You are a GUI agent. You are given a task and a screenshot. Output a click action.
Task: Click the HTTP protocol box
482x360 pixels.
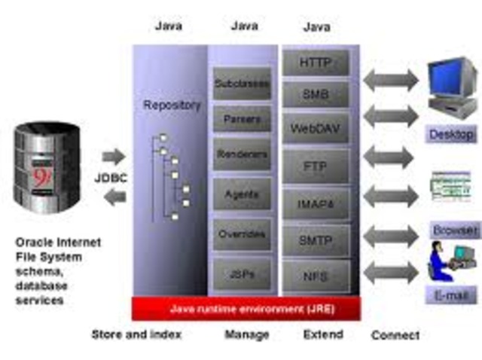pos(316,63)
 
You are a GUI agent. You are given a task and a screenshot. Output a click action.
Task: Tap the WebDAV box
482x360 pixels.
pos(316,128)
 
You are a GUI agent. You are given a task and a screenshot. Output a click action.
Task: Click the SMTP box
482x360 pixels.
pos(316,240)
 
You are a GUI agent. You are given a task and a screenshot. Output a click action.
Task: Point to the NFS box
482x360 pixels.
pos(316,276)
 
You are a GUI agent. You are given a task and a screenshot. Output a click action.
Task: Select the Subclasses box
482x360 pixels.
pos(242,83)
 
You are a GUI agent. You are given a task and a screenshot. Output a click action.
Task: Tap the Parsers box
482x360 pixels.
pos(242,119)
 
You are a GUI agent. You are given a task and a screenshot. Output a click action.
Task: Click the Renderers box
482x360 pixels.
pos(242,154)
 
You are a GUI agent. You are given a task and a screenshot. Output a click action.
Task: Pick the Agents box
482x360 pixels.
pos(242,194)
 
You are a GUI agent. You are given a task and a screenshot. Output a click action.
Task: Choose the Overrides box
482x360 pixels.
pos(242,234)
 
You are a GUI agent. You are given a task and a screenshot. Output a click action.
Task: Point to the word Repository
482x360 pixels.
pos(172,105)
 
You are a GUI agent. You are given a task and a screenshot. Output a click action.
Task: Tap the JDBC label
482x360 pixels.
pos(112,178)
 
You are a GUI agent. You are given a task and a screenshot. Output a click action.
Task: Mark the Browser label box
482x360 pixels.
pos(454,229)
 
